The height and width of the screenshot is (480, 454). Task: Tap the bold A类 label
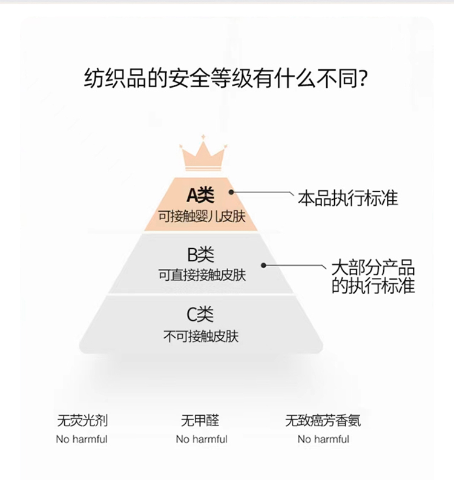200,195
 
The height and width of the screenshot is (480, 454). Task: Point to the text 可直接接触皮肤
202,275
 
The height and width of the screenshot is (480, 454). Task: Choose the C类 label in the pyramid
200,315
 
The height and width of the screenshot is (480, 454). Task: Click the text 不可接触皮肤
201,336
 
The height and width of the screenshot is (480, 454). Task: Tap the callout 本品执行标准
347,198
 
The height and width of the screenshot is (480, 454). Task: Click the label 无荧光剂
82,420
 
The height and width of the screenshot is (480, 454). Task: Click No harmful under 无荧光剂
82,439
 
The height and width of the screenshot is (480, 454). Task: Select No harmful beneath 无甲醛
202,439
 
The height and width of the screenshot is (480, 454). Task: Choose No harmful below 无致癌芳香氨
323,439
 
